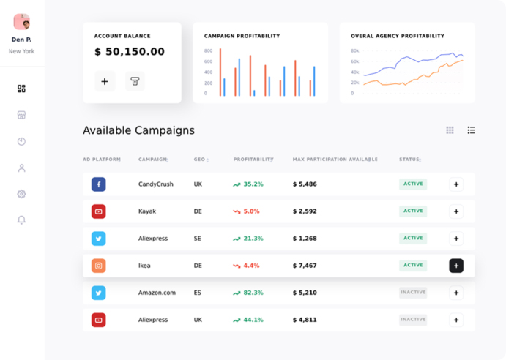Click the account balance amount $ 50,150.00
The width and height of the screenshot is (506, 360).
130,52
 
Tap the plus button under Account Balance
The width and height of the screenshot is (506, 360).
105,81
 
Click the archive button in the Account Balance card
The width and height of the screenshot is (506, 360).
135,81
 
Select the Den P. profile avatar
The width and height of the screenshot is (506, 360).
22,22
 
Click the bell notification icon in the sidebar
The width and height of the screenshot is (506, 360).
21,220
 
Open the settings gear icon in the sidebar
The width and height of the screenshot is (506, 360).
21,194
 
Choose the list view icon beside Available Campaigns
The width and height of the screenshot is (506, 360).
471,130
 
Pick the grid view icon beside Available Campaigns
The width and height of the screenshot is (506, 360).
450,130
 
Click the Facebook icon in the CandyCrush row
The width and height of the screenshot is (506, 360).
99,184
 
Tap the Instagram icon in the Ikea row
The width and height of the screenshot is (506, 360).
99,266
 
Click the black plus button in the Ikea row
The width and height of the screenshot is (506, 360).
456,266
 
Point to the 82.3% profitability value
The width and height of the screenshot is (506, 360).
253,293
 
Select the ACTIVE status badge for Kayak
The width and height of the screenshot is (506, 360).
413,211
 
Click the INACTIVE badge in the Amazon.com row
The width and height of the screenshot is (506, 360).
413,293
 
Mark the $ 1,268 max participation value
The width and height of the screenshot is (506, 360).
305,239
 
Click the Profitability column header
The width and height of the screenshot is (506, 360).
253,159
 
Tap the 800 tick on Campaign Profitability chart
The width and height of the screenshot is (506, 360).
208,50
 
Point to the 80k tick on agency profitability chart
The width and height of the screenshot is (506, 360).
354,50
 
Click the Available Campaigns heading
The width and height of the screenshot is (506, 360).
138,130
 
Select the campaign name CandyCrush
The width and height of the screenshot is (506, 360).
156,184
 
